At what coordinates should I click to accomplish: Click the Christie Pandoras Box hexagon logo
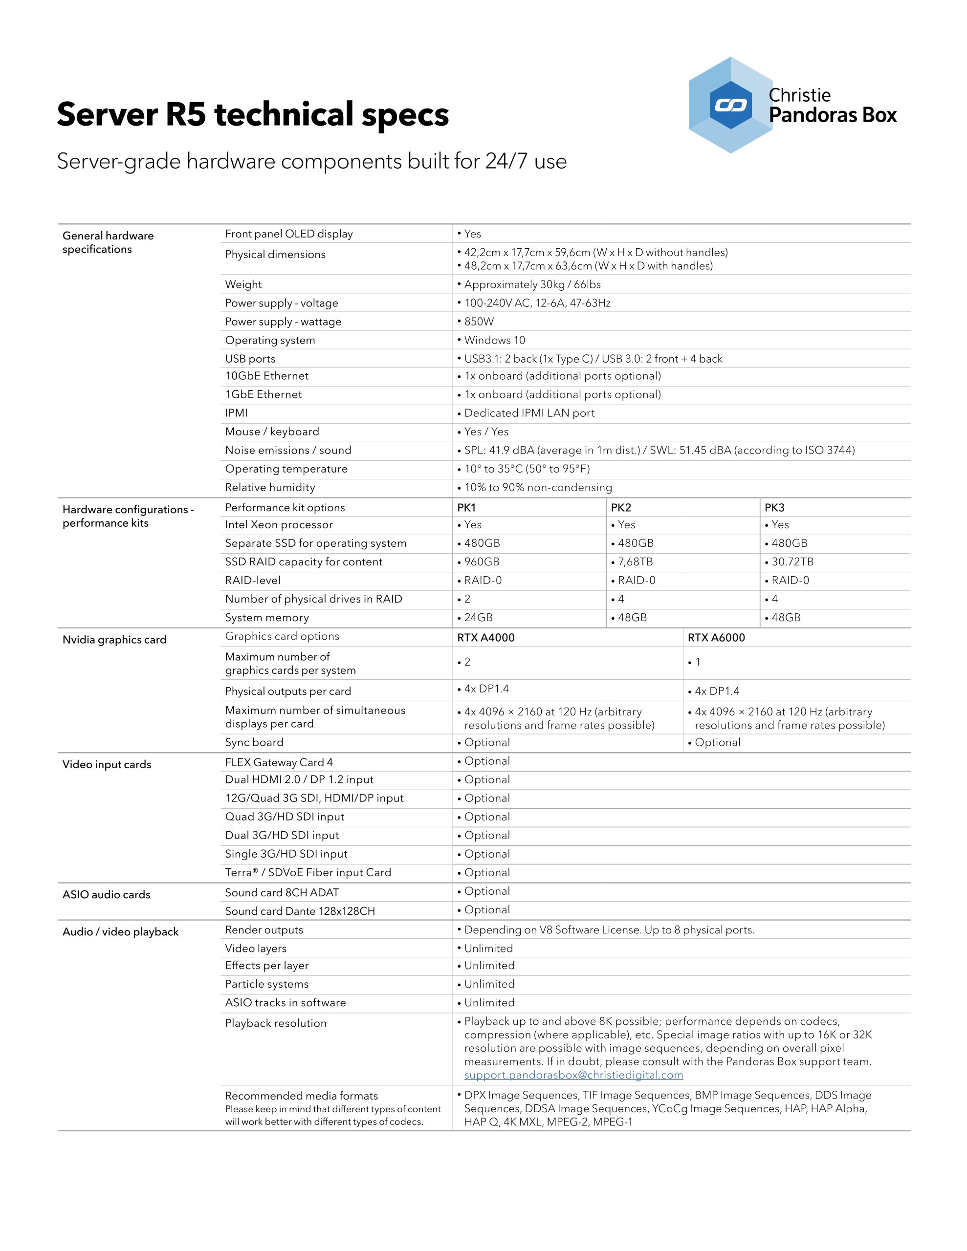click(x=730, y=105)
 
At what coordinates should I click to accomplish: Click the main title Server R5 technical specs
click(x=252, y=114)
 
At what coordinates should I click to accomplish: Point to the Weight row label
click(x=243, y=284)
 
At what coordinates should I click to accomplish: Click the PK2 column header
click(x=621, y=508)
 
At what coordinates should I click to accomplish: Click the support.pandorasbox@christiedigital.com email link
click(x=573, y=1075)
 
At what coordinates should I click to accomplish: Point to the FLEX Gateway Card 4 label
click(x=279, y=762)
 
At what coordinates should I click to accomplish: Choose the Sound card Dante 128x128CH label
click(x=300, y=911)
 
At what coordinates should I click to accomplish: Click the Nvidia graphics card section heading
click(x=114, y=640)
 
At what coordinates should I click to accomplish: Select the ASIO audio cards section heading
click(x=106, y=895)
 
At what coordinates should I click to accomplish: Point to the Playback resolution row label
click(x=276, y=1023)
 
